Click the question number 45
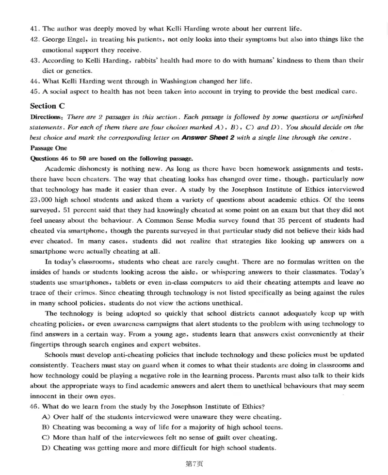pos(34,91)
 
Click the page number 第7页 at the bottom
pos(194,464)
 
